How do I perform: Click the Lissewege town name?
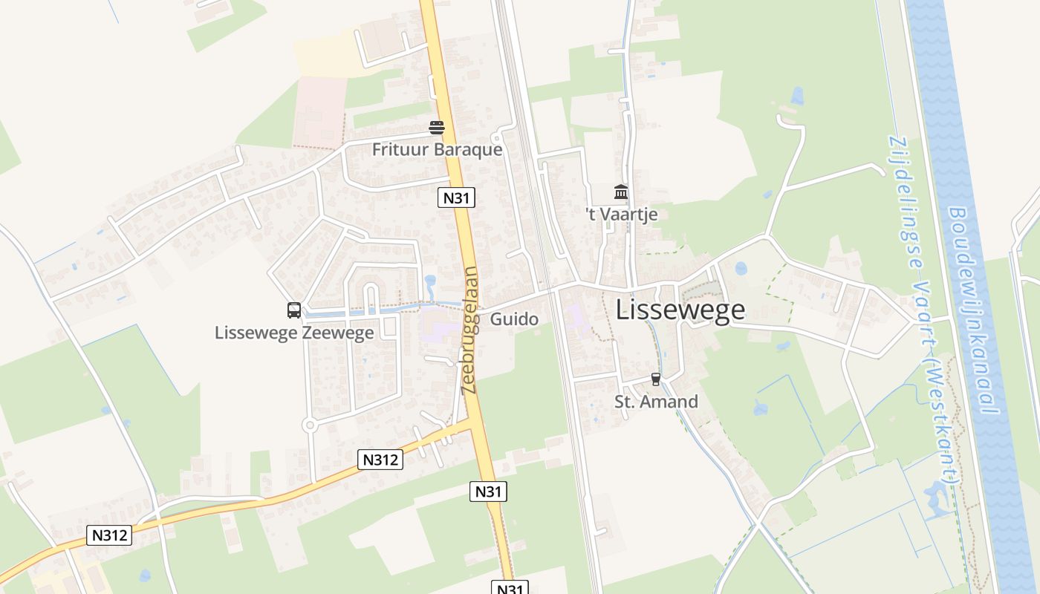(680, 310)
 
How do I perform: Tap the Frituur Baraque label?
(437, 149)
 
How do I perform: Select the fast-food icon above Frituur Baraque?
(437, 128)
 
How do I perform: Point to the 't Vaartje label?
(621, 215)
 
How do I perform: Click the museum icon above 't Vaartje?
(621, 193)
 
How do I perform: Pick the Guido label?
(514, 319)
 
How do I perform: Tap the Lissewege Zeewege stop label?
(294, 332)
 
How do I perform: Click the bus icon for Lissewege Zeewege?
(294, 310)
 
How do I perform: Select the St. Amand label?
(656, 402)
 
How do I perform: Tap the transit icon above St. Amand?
(655, 379)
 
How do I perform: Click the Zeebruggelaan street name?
(469, 330)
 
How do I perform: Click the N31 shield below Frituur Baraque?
(455, 198)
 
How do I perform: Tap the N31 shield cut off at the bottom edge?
(510, 588)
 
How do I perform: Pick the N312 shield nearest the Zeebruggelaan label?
(381, 460)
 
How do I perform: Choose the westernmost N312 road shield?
(109, 535)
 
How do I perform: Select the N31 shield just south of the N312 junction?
(489, 491)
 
